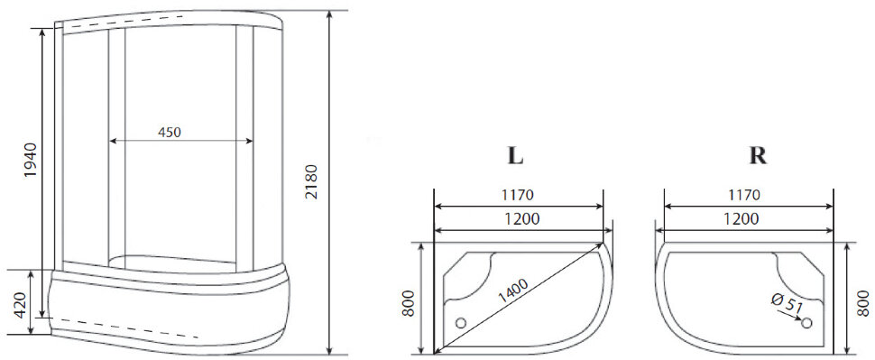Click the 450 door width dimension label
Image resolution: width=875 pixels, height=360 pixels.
(170, 132)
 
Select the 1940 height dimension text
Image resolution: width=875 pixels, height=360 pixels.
(30, 160)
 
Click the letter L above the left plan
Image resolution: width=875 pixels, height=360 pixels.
(515, 155)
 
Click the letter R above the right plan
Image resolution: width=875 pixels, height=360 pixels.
(758, 155)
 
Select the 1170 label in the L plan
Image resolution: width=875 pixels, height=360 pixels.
(519, 194)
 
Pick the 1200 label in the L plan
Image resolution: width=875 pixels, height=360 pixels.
(519, 219)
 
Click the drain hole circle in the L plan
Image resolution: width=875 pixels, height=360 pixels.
(462, 322)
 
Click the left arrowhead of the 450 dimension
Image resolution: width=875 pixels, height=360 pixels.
(113, 141)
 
